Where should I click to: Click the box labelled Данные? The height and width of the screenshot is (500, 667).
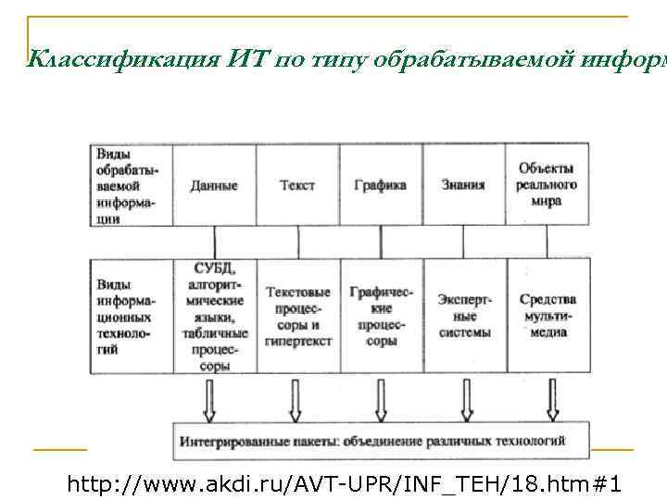tap(214, 185)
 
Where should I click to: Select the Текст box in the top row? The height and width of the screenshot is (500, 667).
tap(297, 185)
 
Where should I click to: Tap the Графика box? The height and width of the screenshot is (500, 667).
tap(380, 185)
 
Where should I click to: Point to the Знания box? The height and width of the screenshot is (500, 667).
tap(463, 185)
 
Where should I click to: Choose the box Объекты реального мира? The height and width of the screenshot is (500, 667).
tap(547, 184)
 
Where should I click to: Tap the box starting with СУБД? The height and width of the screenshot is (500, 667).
tap(214, 316)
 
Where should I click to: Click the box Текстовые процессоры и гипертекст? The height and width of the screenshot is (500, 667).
tap(298, 316)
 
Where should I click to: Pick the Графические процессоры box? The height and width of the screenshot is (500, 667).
tap(381, 316)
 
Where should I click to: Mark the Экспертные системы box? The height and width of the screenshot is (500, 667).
tap(464, 316)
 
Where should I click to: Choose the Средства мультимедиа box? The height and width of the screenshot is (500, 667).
tap(547, 316)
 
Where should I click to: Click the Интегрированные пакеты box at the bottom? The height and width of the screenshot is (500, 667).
tap(381, 440)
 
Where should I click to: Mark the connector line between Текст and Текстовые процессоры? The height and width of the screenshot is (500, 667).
tap(297, 242)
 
